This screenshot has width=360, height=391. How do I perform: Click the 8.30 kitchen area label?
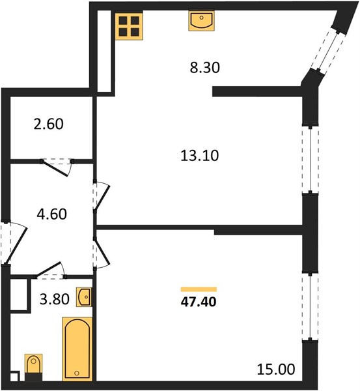(205, 68)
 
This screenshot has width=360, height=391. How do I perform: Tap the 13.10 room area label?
(200, 156)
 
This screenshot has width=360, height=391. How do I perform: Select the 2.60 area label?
(49, 124)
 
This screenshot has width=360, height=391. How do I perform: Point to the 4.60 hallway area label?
(52, 214)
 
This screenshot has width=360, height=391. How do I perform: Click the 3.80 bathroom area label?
(55, 298)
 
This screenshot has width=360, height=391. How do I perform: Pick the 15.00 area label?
(276, 369)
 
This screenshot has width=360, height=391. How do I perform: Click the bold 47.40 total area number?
(199, 302)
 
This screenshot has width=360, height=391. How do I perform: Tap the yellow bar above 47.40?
(199, 289)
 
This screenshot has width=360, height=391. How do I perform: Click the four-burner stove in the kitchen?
(129, 27)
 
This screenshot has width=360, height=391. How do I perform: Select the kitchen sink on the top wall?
(202, 21)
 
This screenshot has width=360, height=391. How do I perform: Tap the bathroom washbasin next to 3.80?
(84, 297)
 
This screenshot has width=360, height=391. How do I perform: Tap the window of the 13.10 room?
(310, 160)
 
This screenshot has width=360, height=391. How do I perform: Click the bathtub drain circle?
(77, 373)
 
